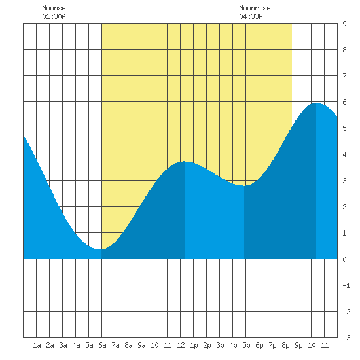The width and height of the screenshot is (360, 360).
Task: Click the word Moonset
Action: (56, 8)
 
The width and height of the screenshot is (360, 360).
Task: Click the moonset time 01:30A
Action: (54, 16)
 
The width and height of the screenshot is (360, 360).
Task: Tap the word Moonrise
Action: (255, 8)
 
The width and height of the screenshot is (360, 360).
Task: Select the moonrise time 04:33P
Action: (251, 16)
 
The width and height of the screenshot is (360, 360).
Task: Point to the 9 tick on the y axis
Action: (344, 24)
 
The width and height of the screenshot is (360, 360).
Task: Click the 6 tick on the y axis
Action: (344, 102)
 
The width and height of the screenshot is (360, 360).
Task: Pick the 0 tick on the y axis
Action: (344, 259)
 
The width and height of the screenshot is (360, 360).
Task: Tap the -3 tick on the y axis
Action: (346, 338)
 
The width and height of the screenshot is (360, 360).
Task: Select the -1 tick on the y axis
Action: (346, 285)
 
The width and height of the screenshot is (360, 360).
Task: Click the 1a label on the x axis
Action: (37, 345)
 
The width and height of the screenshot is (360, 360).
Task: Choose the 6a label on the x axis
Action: (102, 345)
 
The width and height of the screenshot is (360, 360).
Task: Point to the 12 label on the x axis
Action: (181, 345)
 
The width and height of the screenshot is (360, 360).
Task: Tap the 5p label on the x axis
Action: (246, 345)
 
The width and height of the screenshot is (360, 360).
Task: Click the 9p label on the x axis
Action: (298, 345)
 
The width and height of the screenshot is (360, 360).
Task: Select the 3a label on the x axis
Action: (63, 345)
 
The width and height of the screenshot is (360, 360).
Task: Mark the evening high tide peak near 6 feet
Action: (316, 103)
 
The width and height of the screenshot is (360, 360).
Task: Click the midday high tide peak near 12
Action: (185, 162)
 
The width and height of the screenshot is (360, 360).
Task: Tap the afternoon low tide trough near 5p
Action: (244, 185)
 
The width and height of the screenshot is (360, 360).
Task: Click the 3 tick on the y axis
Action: (344, 181)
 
